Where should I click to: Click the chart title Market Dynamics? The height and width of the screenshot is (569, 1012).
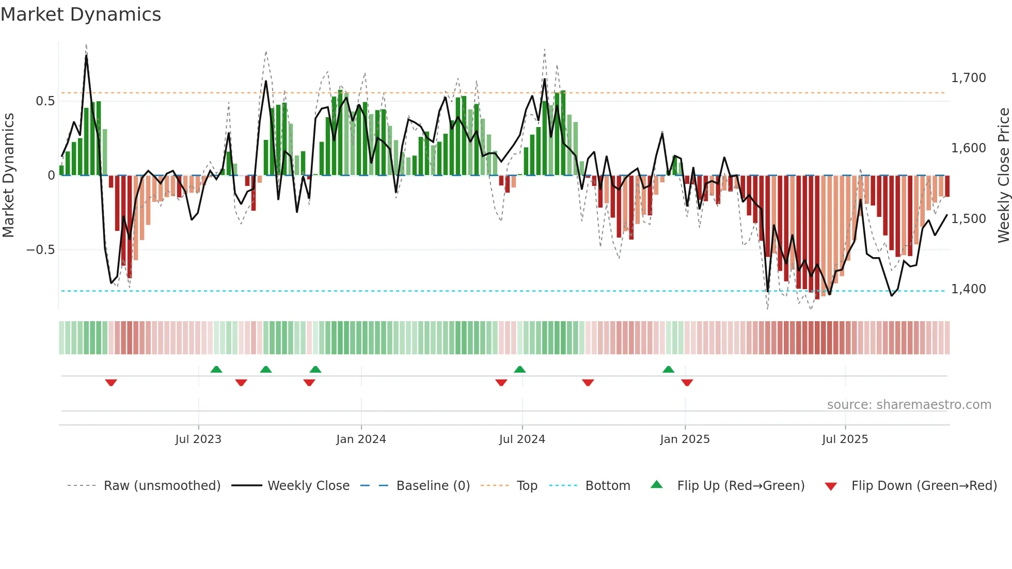(x=81, y=14)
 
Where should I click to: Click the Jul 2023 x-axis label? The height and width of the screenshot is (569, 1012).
(x=198, y=439)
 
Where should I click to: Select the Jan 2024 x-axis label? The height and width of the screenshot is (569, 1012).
(x=361, y=439)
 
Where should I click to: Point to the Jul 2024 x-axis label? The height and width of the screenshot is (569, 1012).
(x=522, y=439)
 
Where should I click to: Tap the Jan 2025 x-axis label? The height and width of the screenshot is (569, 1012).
(x=685, y=439)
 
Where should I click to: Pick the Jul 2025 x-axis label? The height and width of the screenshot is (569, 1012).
(x=845, y=439)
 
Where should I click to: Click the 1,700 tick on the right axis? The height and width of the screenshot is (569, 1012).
(x=968, y=78)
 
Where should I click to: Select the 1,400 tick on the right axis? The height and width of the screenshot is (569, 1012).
(x=968, y=289)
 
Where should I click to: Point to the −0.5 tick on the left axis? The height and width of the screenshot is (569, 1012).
(x=41, y=250)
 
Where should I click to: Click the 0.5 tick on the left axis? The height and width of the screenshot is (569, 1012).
(x=45, y=101)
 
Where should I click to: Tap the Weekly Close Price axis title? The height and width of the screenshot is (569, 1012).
(x=1003, y=175)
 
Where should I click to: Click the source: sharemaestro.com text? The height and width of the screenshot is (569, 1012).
(x=909, y=405)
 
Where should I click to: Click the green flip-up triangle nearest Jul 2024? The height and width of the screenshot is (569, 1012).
(x=520, y=369)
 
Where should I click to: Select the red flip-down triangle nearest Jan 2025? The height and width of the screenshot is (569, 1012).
(x=687, y=383)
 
